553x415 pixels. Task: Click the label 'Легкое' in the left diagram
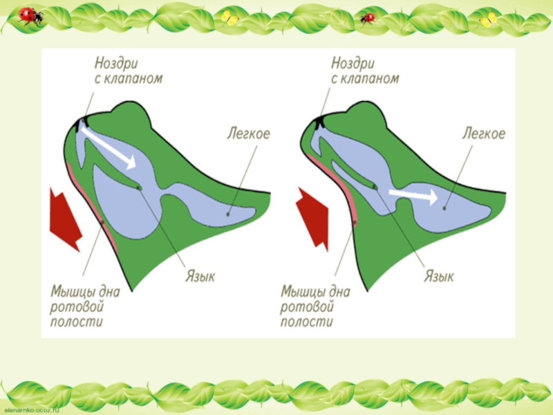(248, 132)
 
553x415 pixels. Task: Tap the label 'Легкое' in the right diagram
(483, 132)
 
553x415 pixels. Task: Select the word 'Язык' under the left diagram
(200, 275)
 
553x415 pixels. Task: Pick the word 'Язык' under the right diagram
(438, 276)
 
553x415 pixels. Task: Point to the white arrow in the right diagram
(413, 196)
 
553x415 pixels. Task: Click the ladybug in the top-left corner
(30, 16)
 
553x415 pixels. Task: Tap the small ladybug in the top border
(367, 17)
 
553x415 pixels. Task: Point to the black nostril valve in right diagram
(319, 122)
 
